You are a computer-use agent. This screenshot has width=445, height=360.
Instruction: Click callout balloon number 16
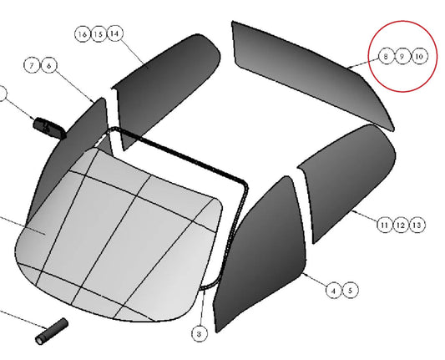coord(83,34)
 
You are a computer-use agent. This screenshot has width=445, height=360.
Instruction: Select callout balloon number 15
coord(99,34)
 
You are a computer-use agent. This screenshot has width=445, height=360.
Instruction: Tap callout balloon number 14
coord(114,33)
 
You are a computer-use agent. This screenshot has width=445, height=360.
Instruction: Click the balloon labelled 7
coord(32,65)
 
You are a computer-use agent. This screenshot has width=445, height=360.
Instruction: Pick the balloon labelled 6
coord(49,65)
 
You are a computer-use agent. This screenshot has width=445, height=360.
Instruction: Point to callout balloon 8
coord(386,56)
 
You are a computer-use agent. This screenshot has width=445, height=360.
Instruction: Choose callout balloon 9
coord(402,56)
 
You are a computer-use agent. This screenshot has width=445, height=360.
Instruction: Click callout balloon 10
coord(419,56)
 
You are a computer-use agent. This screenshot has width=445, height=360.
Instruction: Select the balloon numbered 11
coord(384,226)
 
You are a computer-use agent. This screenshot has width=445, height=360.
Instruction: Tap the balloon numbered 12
coord(401,226)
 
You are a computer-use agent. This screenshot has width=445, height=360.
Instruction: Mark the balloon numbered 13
coord(417,226)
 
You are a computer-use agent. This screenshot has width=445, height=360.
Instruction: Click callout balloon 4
coord(334,291)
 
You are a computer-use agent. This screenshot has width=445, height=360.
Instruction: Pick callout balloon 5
coord(350,290)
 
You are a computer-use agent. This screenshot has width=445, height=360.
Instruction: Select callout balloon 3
coord(200,334)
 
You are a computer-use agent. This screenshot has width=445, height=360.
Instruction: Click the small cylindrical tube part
coord(52,332)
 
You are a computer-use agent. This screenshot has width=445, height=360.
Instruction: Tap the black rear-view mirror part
coord(49,128)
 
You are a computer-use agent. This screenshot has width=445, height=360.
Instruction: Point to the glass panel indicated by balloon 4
coord(261,253)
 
